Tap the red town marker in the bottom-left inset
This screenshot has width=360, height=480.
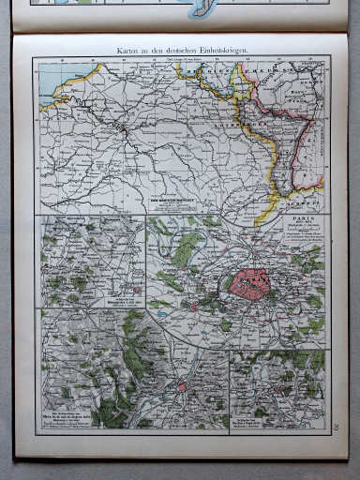[x=181, y=385]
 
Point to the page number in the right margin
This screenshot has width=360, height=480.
[x=336, y=429]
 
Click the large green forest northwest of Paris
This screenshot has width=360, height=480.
[x=186, y=248]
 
